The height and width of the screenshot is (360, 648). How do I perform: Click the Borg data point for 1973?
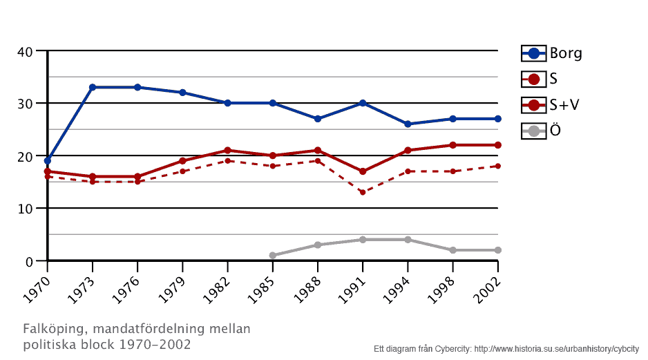coord(93,87)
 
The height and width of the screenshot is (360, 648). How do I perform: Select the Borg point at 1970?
coord(48,160)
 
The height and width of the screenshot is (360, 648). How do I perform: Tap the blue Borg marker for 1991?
coord(363,103)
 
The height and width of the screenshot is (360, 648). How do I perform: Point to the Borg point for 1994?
coord(408,124)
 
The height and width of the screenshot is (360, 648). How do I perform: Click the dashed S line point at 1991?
coord(363,192)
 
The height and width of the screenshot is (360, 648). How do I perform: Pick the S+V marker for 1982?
coord(227,150)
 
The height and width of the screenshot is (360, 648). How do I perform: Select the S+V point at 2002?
coord(497,145)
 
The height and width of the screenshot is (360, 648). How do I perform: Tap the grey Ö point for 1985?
coord(272,256)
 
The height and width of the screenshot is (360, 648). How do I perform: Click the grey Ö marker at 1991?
coord(363,240)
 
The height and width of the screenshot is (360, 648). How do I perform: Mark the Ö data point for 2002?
coord(497,250)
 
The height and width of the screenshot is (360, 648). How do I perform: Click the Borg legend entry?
coord(552,53)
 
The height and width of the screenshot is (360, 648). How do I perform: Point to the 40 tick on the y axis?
coord(25,51)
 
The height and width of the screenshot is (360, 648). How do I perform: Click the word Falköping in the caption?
coord(52,328)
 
